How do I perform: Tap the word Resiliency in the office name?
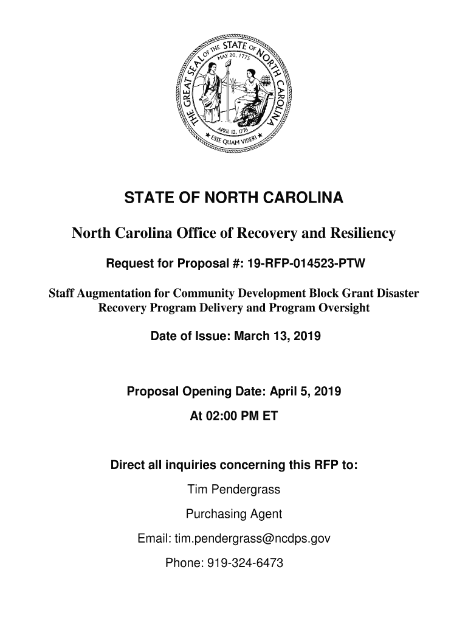click(362, 234)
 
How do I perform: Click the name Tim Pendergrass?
click(233, 489)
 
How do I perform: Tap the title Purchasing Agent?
click(233, 514)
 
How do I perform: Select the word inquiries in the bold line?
click(191, 465)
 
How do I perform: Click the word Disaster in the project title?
click(395, 293)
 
